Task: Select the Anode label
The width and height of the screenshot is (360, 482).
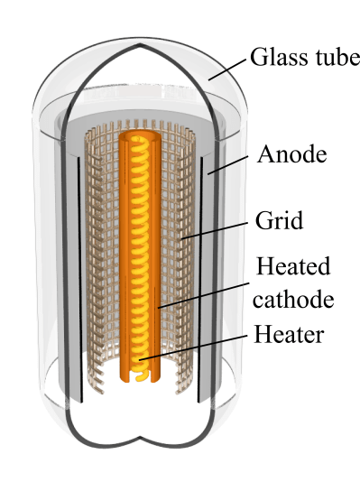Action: tap(291, 154)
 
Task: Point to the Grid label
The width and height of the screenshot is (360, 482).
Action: tap(279, 219)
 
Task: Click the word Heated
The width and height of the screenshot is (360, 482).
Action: tap(293, 267)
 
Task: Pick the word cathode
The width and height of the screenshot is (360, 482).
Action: tap(293, 300)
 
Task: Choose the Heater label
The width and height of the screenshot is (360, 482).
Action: tap(289, 335)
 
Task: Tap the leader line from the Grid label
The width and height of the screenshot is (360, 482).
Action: tap(217, 230)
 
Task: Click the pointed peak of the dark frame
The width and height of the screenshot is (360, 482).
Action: tap(136, 42)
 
